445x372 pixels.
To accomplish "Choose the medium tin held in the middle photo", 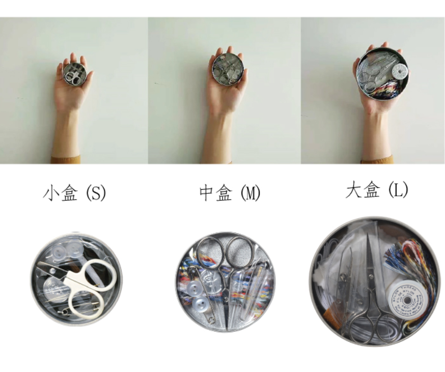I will (227, 69).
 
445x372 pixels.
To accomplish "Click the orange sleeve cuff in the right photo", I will (377, 160).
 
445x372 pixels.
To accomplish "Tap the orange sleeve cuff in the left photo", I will (66, 160).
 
